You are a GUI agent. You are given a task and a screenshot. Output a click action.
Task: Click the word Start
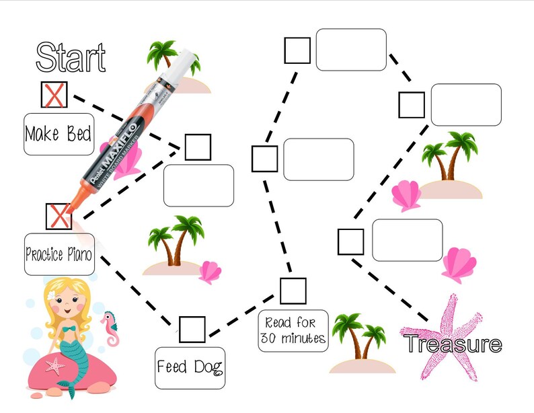tap(71, 57)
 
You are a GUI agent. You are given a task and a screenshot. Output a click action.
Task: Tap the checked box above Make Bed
tap(54, 96)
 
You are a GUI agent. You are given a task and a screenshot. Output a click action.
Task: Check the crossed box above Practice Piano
tap(59, 216)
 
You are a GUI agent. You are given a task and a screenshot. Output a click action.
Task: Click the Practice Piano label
tap(59, 254)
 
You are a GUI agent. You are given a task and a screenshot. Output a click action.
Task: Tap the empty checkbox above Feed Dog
tap(192, 329)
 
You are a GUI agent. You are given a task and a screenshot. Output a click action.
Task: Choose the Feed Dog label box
tap(190, 367)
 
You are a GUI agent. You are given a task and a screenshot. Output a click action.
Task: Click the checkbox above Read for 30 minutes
tap(293, 291)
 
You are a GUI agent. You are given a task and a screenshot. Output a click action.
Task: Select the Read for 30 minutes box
tap(293, 330)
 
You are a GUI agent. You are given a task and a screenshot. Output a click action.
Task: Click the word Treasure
tap(453, 344)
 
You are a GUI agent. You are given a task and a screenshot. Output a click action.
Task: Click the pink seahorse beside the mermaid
tap(110, 327)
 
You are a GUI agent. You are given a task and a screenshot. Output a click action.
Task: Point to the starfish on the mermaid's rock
tap(54, 367)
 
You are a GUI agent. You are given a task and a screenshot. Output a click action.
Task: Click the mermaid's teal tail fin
tap(67, 388)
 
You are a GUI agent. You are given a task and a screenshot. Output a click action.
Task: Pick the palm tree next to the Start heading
tap(165, 58)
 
